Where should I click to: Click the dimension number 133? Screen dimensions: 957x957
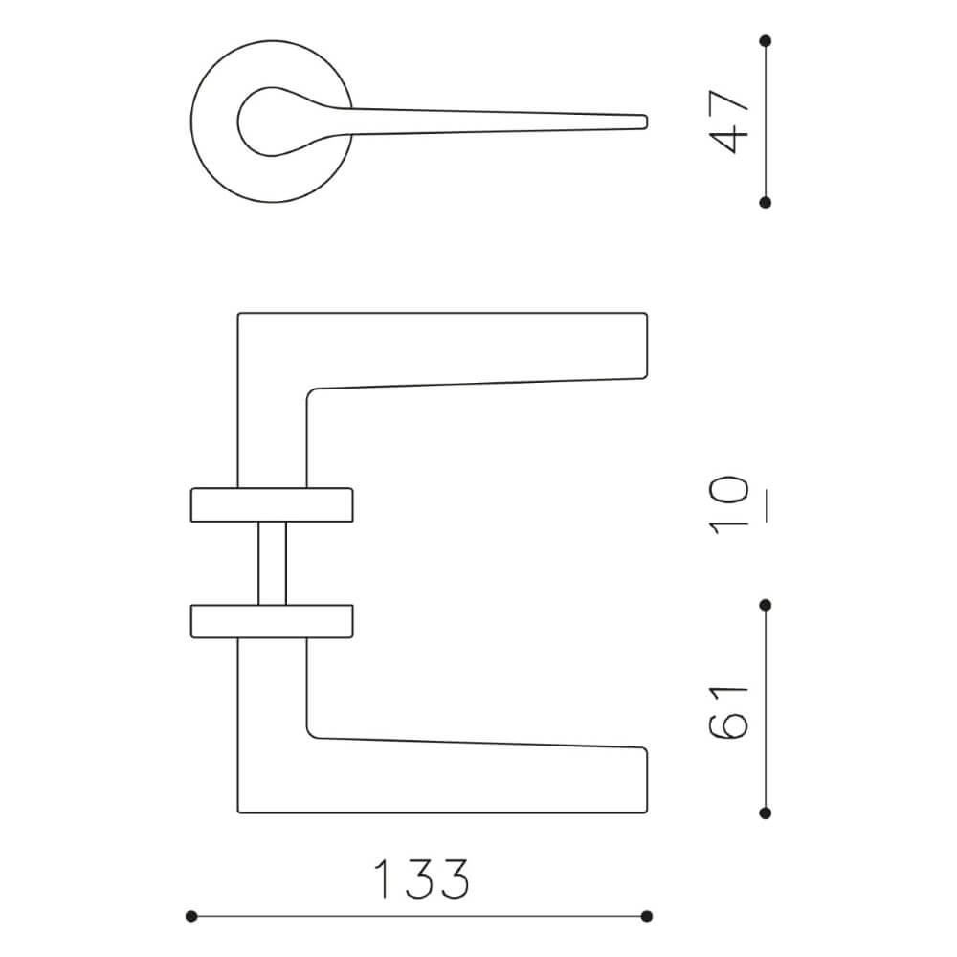(x=422, y=879)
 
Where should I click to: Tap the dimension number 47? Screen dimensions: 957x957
(x=728, y=122)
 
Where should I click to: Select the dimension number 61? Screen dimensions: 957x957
(x=728, y=712)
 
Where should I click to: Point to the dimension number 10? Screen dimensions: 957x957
(x=728, y=505)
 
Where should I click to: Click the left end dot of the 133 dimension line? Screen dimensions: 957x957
(x=191, y=916)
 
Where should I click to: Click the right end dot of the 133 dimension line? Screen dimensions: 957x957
(x=647, y=916)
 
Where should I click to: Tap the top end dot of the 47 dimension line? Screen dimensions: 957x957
(x=766, y=41)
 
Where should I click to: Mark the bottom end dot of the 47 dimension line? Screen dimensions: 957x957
(x=766, y=203)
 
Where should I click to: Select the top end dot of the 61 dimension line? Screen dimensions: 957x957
(x=766, y=605)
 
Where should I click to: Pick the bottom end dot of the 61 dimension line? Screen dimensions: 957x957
(x=766, y=812)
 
